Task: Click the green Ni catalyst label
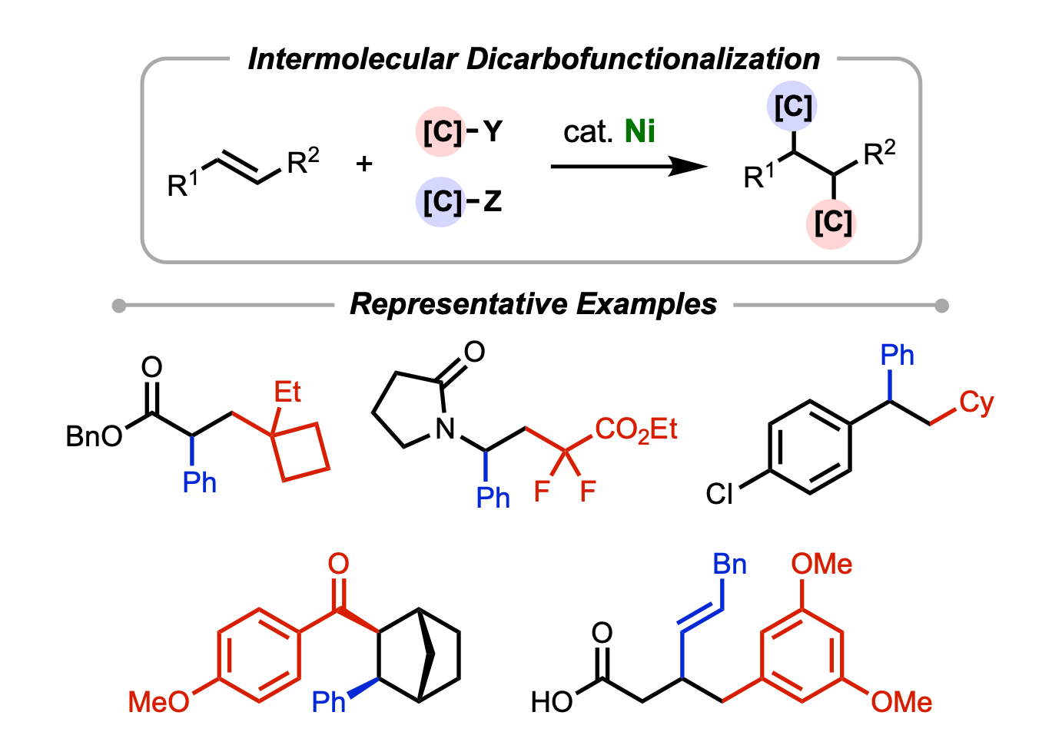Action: [x=639, y=131]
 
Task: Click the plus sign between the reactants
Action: [x=364, y=163]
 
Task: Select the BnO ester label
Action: [x=94, y=436]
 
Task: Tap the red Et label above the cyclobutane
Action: [x=287, y=392]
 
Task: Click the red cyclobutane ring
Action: [x=300, y=452]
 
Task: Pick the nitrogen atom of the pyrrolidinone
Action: [x=445, y=429]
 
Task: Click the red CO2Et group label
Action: [x=636, y=429]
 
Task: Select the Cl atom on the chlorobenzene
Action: [x=719, y=494]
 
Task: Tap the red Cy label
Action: [x=976, y=402]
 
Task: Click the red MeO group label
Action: [x=158, y=701]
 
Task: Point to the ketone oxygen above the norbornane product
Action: [x=338, y=564]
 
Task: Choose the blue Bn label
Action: [x=729, y=565]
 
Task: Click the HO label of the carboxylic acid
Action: [x=552, y=701]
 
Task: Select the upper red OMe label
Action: [x=821, y=565]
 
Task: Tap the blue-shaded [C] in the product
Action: [x=793, y=107]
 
